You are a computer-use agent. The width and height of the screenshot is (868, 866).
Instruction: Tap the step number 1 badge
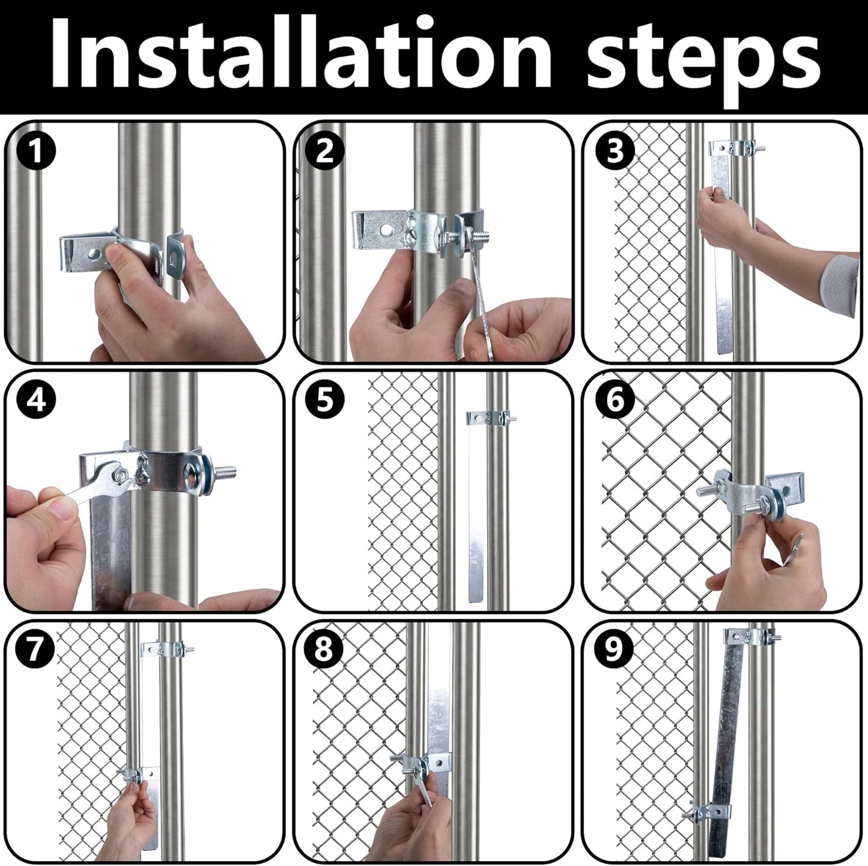[x=37, y=151]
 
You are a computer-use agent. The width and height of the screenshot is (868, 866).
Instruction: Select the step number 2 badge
[x=324, y=151]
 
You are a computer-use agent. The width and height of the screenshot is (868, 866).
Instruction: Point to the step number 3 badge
[x=615, y=151]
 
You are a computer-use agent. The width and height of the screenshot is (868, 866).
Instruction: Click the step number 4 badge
[x=37, y=400]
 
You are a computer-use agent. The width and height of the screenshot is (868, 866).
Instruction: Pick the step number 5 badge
[x=324, y=400]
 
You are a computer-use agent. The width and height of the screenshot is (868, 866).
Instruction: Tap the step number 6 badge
[x=615, y=400]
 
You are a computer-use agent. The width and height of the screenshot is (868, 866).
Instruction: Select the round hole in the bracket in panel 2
[x=386, y=230]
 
